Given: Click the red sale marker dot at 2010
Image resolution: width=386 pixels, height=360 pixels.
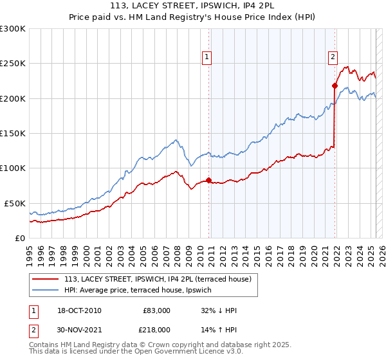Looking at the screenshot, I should (x=209, y=180).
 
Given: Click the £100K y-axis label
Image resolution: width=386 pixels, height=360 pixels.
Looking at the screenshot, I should (x=13, y=168).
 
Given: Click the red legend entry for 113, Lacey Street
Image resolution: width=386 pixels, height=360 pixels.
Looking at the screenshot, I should (x=161, y=279).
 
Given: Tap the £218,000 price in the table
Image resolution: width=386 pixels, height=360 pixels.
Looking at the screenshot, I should (x=156, y=329).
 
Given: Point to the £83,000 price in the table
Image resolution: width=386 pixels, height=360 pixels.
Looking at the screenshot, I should (x=156, y=310).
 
